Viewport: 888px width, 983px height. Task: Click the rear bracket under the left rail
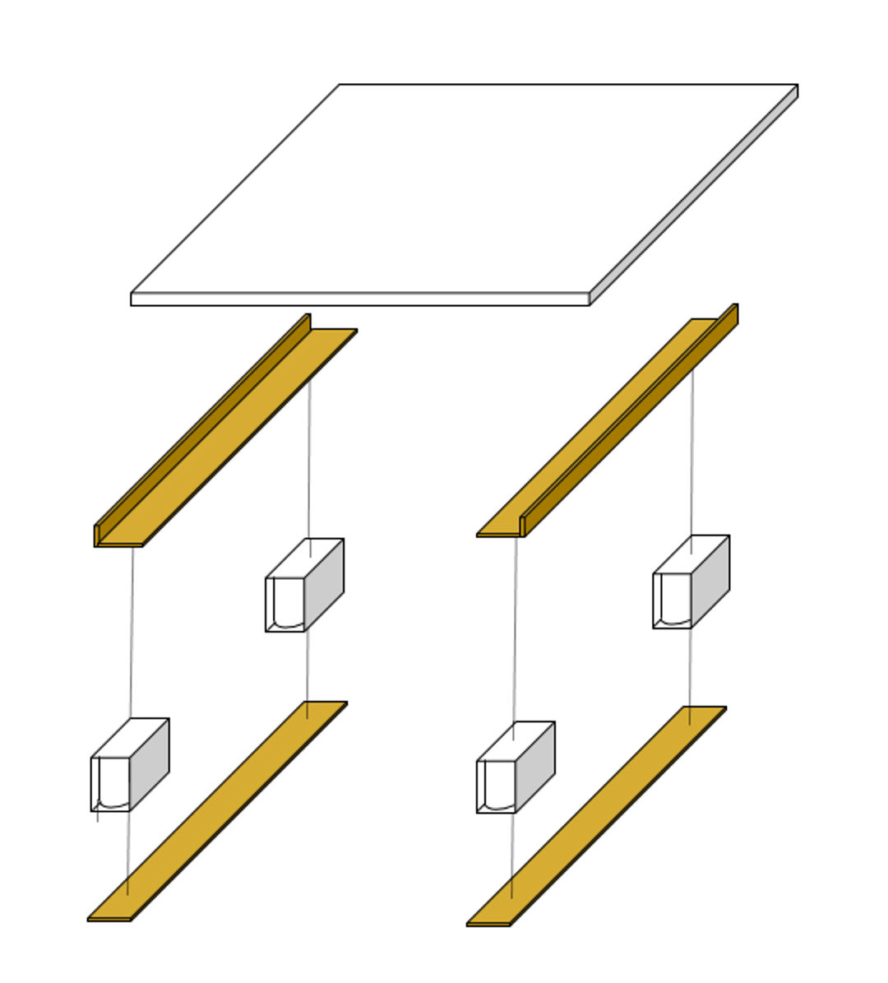click(304, 586)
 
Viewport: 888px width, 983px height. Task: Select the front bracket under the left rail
click(129, 765)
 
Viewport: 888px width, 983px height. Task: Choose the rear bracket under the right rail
click(691, 582)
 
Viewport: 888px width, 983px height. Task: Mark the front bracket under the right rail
click(515, 767)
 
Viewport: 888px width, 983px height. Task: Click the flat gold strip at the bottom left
click(218, 810)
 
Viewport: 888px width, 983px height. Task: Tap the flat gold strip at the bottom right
click(597, 815)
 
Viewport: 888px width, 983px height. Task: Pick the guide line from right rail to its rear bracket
click(692, 452)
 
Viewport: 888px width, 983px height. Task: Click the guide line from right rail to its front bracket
click(516, 629)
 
